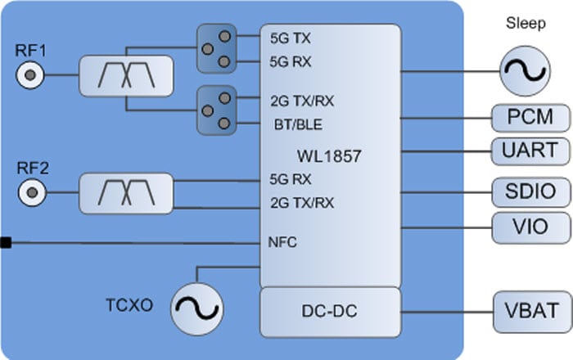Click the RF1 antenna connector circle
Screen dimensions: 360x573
[x=30, y=77]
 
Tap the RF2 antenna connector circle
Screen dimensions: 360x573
[x=30, y=194]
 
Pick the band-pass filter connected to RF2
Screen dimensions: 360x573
[x=127, y=194]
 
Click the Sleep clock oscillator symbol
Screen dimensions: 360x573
[x=525, y=70]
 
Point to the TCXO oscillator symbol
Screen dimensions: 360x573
[x=196, y=308]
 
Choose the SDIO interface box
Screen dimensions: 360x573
[x=530, y=192]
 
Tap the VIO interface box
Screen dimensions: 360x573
[x=530, y=227]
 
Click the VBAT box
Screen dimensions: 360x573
[x=530, y=311]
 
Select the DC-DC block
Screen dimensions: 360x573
[x=330, y=311]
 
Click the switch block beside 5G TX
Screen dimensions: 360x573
[x=216, y=48]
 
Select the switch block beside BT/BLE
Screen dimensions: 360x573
[x=216, y=111]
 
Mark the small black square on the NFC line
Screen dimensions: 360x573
[x=5, y=242]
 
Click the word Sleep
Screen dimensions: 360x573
[x=526, y=24]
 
